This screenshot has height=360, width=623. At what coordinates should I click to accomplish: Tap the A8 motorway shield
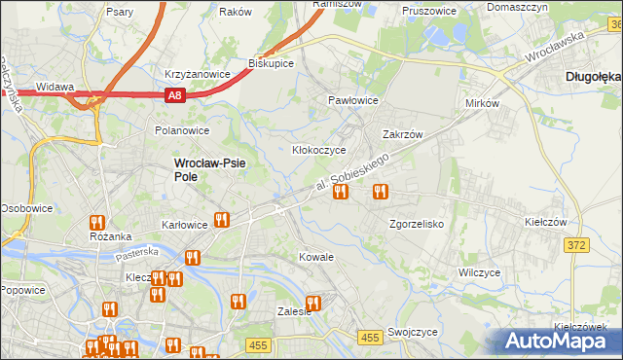[174, 94]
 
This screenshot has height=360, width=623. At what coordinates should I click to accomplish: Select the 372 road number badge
[576, 245]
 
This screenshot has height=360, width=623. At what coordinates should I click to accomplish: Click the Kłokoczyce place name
[319, 151]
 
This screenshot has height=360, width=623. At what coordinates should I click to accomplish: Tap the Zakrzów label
[403, 135]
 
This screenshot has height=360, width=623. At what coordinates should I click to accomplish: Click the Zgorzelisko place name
[417, 224]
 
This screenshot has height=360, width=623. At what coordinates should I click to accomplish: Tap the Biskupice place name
[271, 62]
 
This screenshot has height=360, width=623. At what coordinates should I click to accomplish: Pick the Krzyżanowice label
[197, 74]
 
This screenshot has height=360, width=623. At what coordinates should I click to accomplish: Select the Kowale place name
[316, 257]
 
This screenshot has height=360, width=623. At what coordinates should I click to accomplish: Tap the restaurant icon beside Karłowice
[222, 220]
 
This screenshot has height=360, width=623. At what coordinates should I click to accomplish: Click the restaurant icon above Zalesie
[313, 303]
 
